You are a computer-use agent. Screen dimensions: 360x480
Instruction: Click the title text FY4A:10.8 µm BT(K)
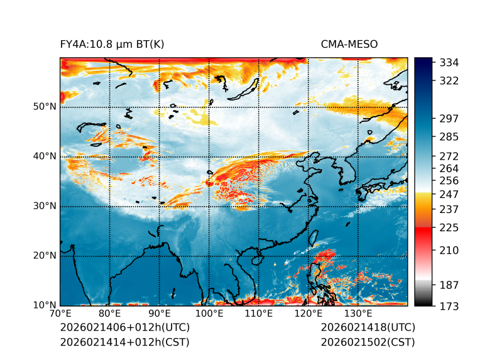click(x=112, y=44)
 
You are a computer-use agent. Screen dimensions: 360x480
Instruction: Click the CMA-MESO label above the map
click(x=349, y=44)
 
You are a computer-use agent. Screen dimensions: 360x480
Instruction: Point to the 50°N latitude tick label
click(x=45, y=106)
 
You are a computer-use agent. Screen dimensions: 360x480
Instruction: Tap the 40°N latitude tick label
click(x=45, y=156)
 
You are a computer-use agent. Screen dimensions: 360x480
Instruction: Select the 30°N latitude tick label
click(x=45, y=205)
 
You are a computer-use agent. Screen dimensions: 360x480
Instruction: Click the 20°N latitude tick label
click(x=45, y=255)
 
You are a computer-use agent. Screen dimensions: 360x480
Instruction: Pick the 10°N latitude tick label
click(x=45, y=305)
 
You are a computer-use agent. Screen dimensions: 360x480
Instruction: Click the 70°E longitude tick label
click(x=60, y=314)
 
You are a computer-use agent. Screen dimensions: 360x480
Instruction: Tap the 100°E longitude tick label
click(x=209, y=314)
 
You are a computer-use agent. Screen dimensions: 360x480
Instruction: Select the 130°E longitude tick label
click(x=358, y=314)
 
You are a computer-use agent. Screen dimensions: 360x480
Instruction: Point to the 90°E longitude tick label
click(x=160, y=314)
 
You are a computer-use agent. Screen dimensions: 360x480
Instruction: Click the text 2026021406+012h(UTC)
click(x=124, y=327)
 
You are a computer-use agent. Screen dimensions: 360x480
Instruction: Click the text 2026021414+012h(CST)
click(x=124, y=342)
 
